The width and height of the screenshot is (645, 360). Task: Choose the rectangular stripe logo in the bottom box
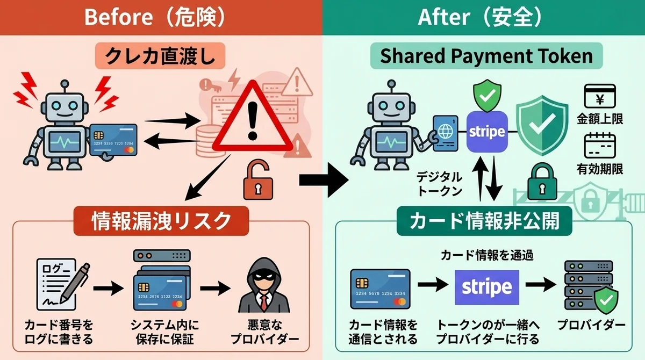pos(487,287)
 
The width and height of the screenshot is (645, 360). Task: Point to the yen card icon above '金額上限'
pos(600,97)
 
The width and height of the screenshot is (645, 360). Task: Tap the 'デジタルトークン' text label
pos(440,184)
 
